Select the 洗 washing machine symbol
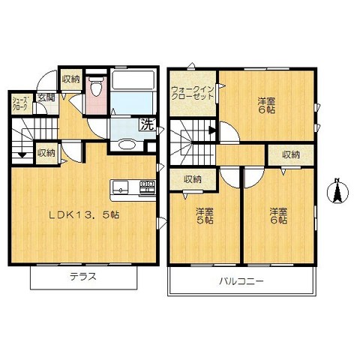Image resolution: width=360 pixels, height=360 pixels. point(148,125)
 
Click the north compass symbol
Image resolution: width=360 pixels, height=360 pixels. point(337,193)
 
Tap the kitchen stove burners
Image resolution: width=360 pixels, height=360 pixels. point(147,186)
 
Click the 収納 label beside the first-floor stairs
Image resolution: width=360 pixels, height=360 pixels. point(46,153)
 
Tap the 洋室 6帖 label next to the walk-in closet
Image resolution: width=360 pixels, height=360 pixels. point(265,105)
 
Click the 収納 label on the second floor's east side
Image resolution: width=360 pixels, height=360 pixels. point(290,154)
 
